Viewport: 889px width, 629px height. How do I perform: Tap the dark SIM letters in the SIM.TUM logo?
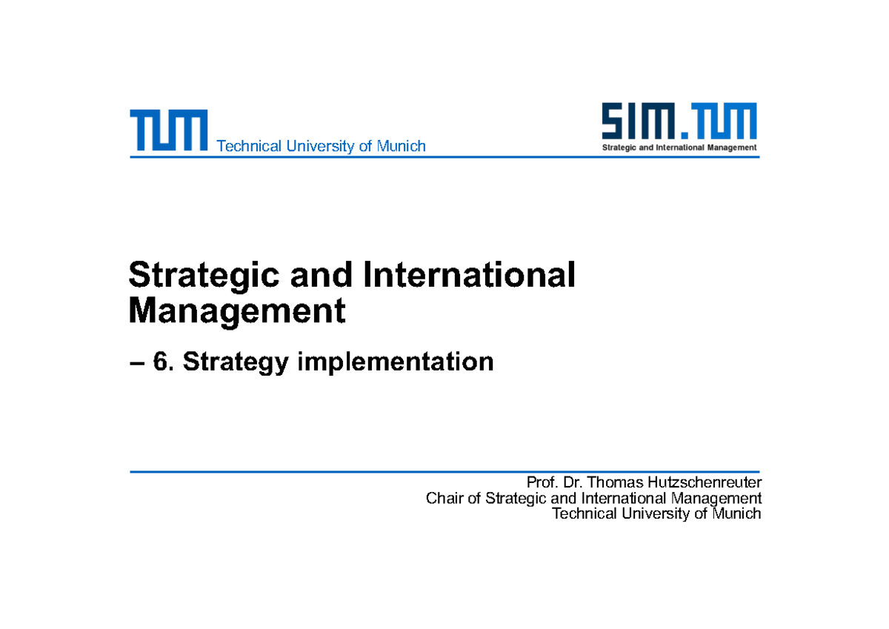coord(636,121)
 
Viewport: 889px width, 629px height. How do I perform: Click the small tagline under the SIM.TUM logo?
coord(679,147)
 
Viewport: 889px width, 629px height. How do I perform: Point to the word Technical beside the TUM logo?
coord(250,146)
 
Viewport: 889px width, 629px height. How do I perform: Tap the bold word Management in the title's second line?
coord(237,311)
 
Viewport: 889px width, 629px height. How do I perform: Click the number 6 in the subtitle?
coord(161,362)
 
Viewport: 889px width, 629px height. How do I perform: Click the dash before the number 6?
coord(136,363)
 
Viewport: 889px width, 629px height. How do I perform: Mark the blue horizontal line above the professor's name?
coord(444,471)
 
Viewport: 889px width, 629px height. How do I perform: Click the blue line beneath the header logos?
coord(444,157)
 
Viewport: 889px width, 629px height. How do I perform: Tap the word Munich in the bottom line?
coord(736,513)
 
